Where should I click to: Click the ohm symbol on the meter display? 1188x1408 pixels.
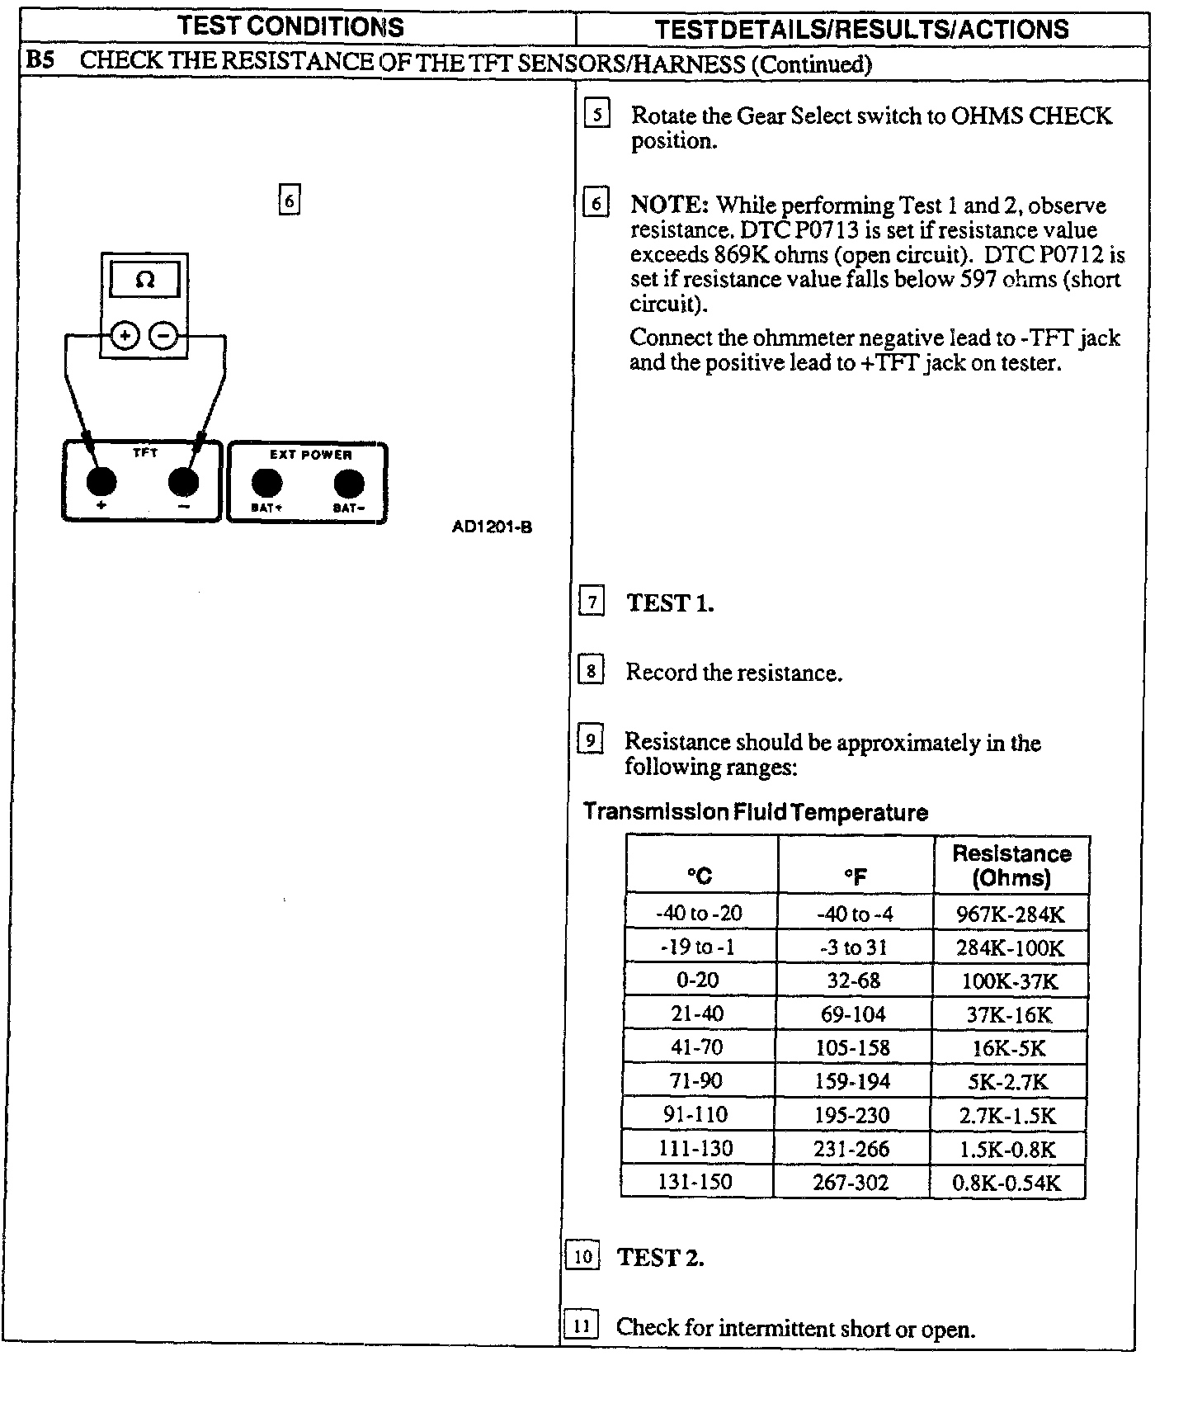click(144, 280)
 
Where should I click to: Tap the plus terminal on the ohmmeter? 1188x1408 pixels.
click(125, 336)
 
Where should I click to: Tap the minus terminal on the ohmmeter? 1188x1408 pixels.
click(163, 336)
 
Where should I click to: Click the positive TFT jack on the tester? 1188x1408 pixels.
click(101, 480)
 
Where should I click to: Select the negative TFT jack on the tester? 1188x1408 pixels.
click(183, 480)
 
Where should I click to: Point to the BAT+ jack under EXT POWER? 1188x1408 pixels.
click(266, 484)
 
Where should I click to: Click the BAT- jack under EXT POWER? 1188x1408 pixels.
click(348, 484)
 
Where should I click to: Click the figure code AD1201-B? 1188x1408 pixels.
click(492, 527)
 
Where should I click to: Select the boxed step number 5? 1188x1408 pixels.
click(596, 114)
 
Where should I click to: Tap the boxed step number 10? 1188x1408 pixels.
click(582, 1256)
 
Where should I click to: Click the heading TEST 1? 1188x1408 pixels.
click(670, 603)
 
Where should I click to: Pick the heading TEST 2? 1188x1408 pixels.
click(660, 1258)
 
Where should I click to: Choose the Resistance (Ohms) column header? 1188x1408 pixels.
click(1011, 865)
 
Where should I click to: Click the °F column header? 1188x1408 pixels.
click(856, 876)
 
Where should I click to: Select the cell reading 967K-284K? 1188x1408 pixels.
click(1010, 914)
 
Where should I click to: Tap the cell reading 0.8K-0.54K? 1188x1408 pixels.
click(1006, 1183)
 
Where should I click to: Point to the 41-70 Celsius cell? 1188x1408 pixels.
click(697, 1048)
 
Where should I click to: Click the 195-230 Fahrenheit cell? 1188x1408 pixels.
click(852, 1115)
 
